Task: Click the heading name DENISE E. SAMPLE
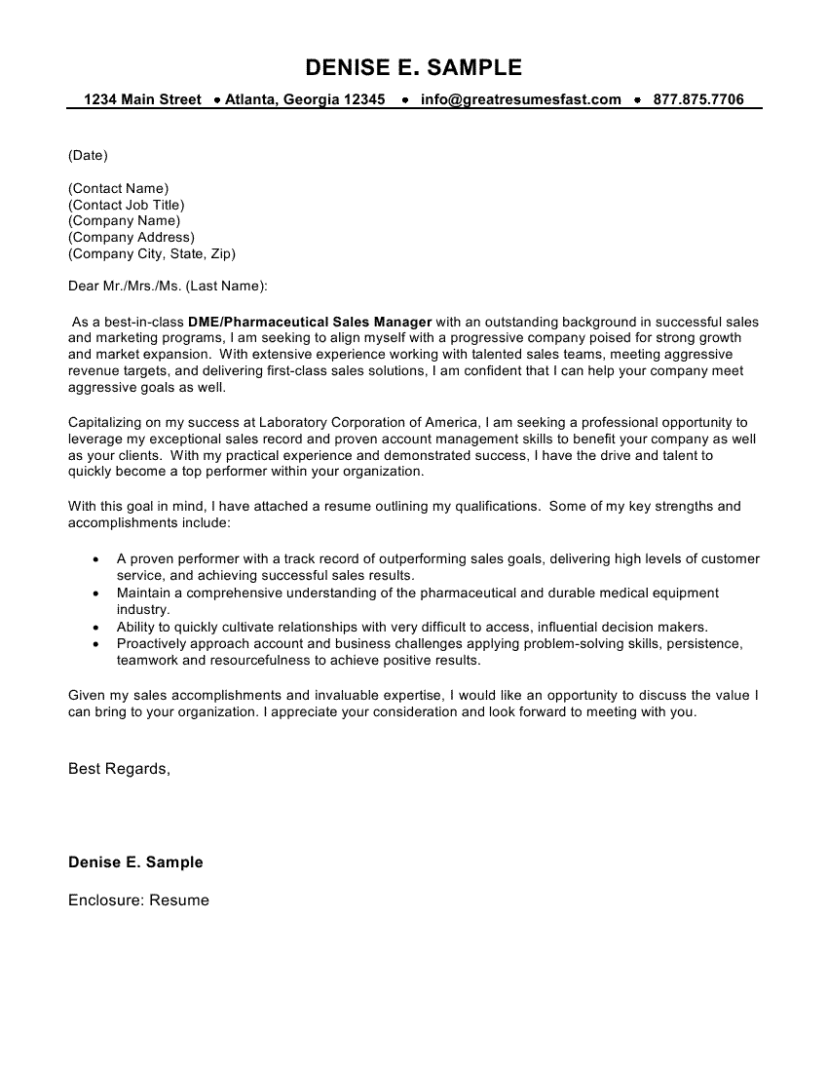tap(414, 67)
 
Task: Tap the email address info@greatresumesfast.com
tap(520, 99)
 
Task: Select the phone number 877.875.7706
tap(698, 99)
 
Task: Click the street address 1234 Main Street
tap(142, 99)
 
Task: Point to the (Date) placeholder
tap(88, 155)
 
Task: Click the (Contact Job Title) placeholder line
tap(126, 205)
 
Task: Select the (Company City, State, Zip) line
tap(151, 253)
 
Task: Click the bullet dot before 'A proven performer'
tap(94, 559)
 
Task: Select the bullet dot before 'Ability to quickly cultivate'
tap(94, 628)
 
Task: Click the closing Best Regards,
tap(119, 769)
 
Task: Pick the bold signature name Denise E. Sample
tap(135, 862)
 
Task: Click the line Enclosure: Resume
tap(138, 900)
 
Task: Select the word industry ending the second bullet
tap(142, 609)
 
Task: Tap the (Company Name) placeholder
tap(124, 220)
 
